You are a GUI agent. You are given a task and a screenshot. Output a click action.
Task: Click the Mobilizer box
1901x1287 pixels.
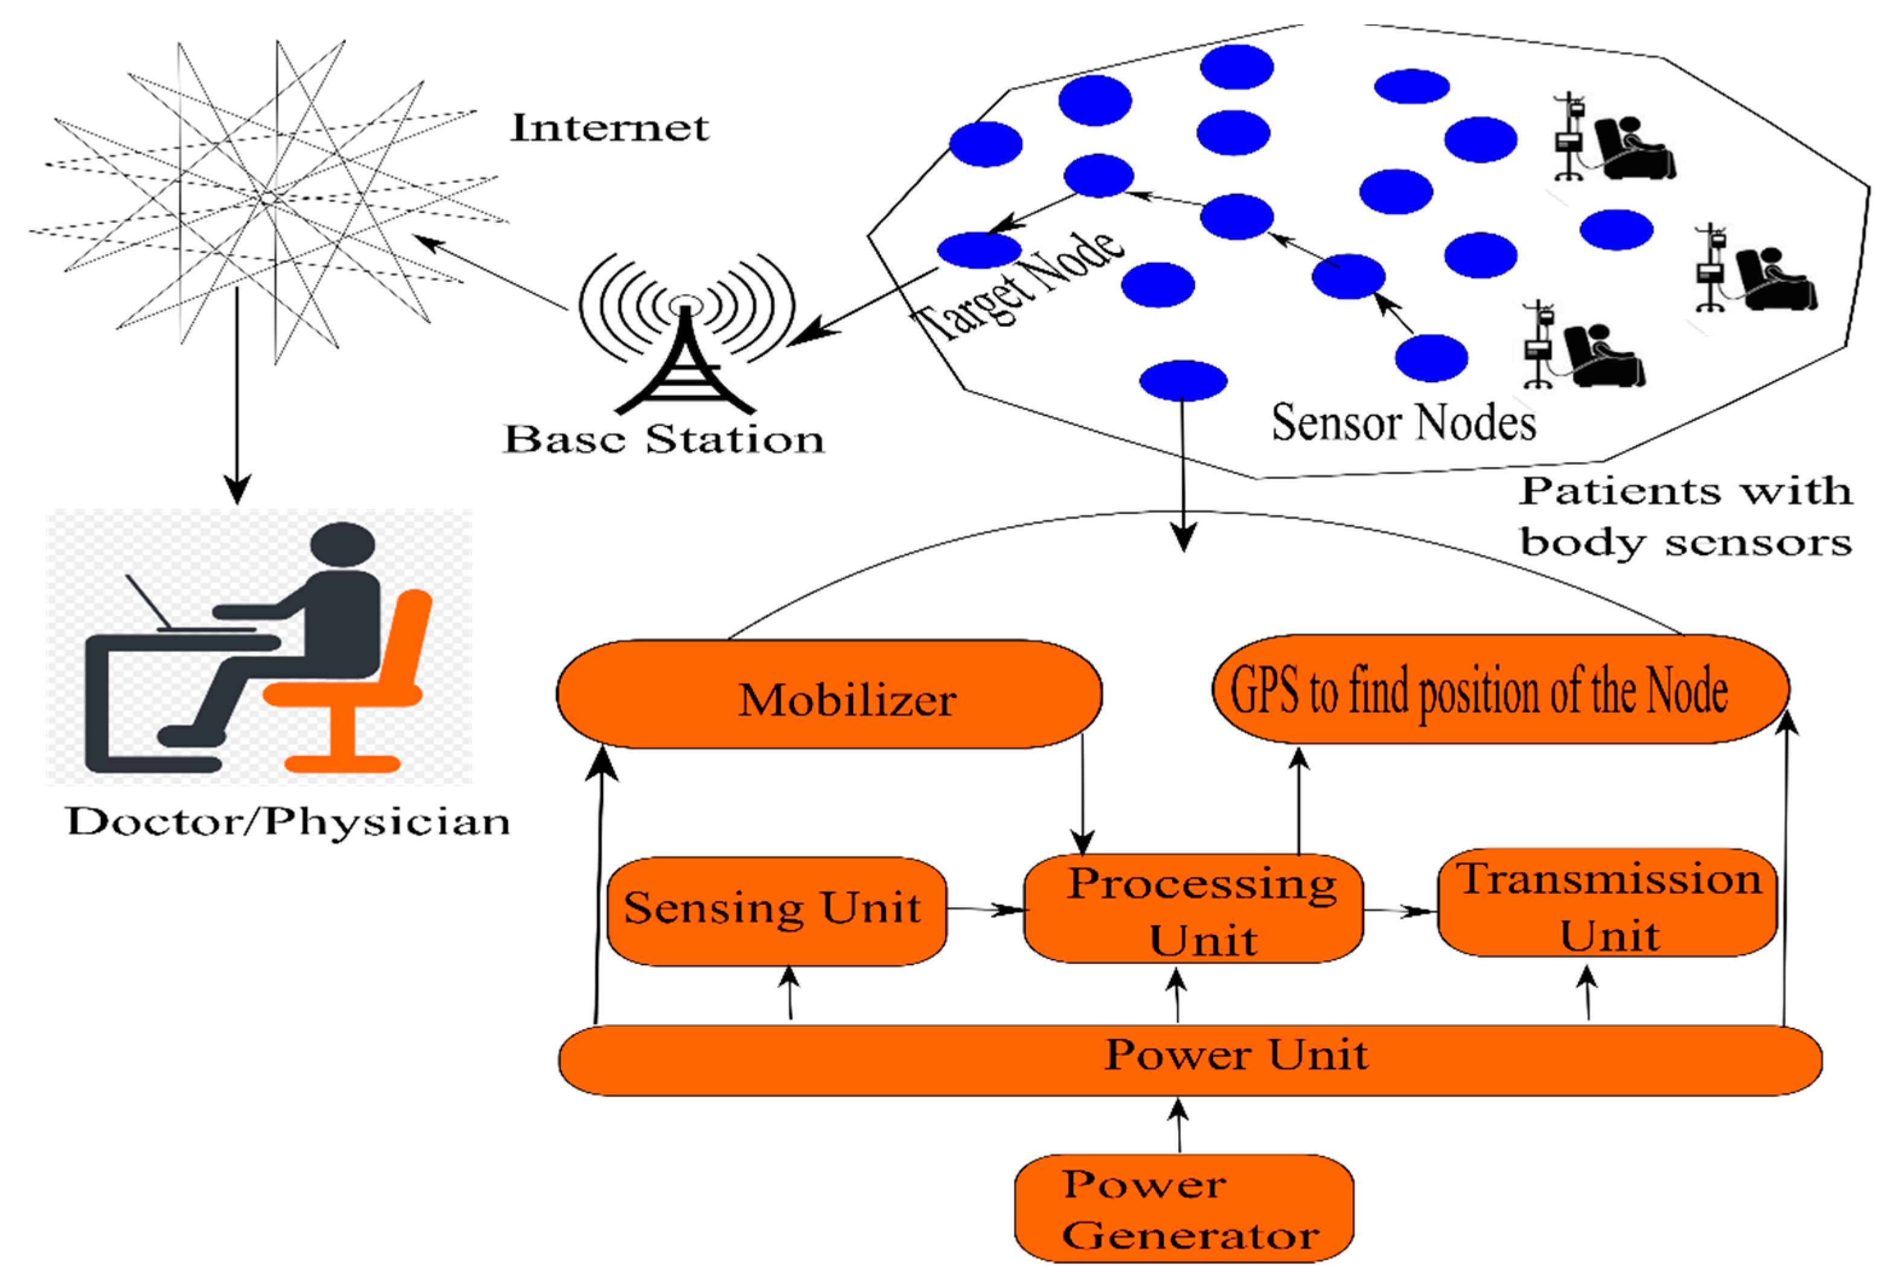click(829, 694)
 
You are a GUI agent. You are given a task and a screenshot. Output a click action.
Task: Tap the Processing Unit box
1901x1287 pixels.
click(1193, 908)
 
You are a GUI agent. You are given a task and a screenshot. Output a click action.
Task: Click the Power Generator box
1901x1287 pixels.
click(1184, 1208)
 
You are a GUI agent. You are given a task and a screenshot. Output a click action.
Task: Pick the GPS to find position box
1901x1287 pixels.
click(1500, 689)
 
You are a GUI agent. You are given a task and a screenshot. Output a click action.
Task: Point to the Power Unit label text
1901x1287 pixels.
click(1236, 1054)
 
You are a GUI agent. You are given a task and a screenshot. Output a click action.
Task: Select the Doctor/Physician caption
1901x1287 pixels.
click(288, 821)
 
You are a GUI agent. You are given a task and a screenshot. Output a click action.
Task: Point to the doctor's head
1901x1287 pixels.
click(343, 546)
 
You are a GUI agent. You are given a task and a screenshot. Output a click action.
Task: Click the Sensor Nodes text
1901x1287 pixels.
click(1403, 423)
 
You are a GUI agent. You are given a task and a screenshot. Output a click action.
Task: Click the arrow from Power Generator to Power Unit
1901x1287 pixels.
click(1179, 1125)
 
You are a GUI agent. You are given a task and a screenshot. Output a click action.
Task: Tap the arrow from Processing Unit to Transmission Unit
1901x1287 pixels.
click(1400, 910)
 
